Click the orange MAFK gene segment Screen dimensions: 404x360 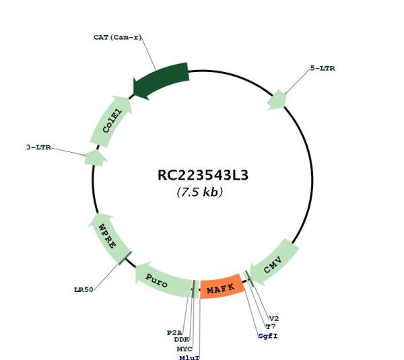point(222,287)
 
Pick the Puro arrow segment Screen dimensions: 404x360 point(162,281)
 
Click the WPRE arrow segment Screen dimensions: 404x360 point(108,238)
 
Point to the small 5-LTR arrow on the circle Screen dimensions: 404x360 point(277,100)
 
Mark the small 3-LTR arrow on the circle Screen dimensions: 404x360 point(96,157)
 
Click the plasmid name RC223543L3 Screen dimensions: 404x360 point(203,176)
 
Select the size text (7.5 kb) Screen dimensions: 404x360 point(200,192)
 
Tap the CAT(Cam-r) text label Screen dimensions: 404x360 point(118,37)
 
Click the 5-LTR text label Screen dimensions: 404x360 point(323,68)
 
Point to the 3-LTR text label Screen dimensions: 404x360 point(38,147)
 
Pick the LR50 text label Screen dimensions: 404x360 point(83,290)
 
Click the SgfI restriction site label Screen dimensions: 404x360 point(268,336)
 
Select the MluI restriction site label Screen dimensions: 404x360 point(189,357)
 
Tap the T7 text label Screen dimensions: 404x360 point(271,327)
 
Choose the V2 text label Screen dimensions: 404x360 point(274,318)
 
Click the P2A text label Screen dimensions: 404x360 point(174,332)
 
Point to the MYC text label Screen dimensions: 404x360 point(184,349)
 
